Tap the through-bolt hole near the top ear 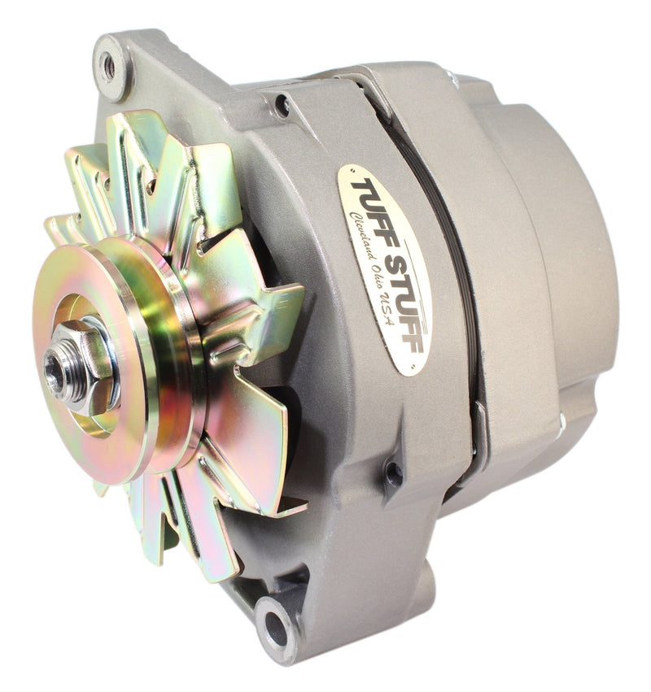click(282, 105)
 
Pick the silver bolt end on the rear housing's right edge click(561, 418)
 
